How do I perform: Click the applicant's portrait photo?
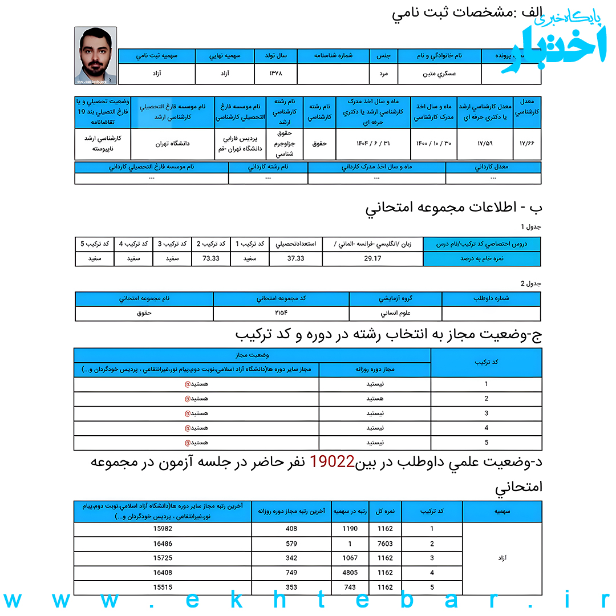pos(96,55)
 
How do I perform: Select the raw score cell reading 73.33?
pos(211,258)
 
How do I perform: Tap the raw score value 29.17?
pos(372,258)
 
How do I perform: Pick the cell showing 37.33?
pos(295,258)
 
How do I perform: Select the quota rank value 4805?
pos(350,572)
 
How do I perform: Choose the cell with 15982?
pos(163,529)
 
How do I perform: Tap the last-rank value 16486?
pos(163,544)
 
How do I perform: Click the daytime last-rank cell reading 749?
pos(291,572)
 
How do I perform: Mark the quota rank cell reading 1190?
pos(350,529)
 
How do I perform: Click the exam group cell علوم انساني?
pos(395,313)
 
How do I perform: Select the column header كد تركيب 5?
pos(94,244)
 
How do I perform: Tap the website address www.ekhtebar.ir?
pos(308,601)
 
